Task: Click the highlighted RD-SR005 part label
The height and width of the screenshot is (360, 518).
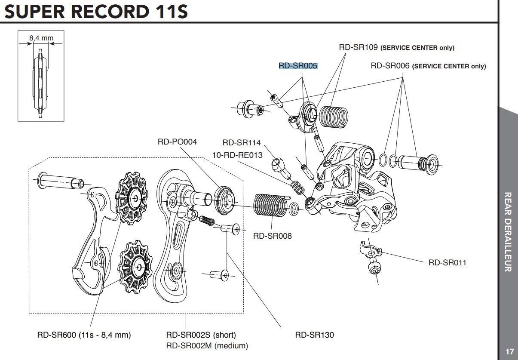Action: coord(298,66)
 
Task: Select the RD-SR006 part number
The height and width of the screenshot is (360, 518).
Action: coord(390,66)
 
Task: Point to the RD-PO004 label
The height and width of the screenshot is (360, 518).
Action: coord(177,142)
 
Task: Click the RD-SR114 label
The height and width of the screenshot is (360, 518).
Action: coord(242,143)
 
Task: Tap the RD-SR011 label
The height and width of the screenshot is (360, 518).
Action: coord(447,262)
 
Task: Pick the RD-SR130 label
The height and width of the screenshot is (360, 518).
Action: coord(315,335)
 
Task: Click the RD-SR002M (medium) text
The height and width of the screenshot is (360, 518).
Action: coord(207,345)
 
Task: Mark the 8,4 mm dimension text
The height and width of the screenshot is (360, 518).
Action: coord(41,38)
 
